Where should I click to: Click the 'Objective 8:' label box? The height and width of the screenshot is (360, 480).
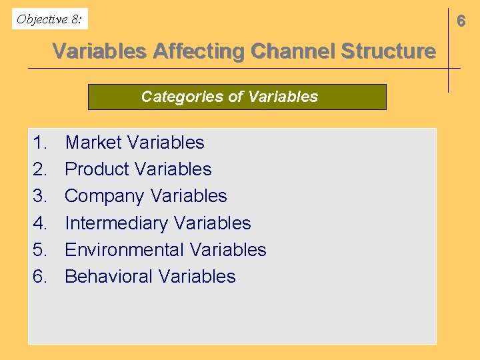click(x=50, y=19)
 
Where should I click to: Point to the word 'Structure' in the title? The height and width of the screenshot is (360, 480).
click(x=387, y=51)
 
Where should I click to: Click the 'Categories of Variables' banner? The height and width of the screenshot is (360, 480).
click(x=237, y=97)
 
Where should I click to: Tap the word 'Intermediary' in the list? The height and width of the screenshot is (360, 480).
click(x=115, y=223)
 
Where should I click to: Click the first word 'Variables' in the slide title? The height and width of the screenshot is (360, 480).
click(x=99, y=51)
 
